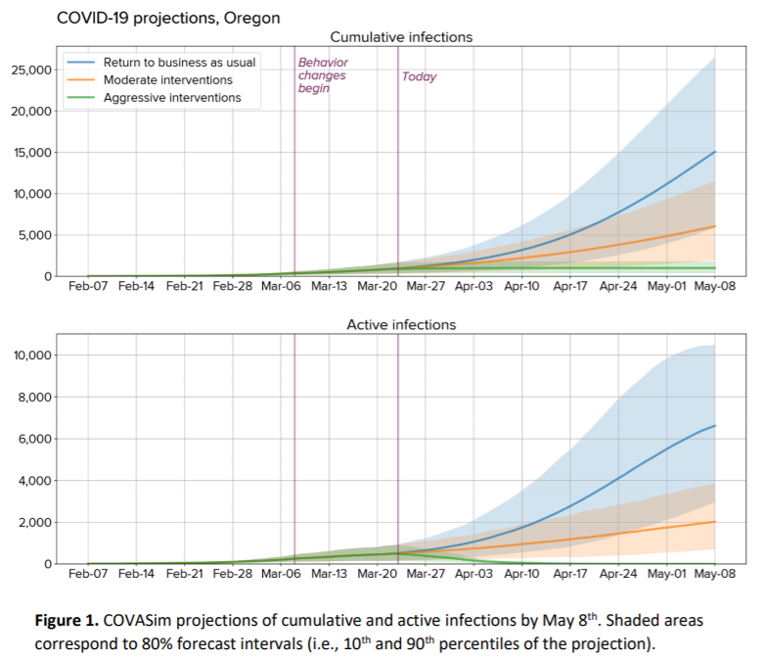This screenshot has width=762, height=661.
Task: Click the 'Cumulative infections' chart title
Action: pos(401,37)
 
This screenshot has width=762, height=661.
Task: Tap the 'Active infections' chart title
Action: pos(401,324)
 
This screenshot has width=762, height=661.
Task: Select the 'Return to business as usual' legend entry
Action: pos(179,62)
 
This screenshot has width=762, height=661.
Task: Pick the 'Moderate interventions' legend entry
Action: pos(167,79)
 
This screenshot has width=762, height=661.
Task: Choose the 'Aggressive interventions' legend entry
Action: pos(171,98)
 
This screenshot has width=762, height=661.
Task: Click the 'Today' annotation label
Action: pos(419,76)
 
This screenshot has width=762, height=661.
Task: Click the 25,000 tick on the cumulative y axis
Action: pos(31,70)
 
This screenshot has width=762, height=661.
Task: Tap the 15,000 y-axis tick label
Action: pos(31,152)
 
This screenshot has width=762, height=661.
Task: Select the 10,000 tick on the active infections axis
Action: pos(31,355)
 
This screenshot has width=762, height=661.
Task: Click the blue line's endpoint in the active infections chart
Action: pos(715,426)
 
